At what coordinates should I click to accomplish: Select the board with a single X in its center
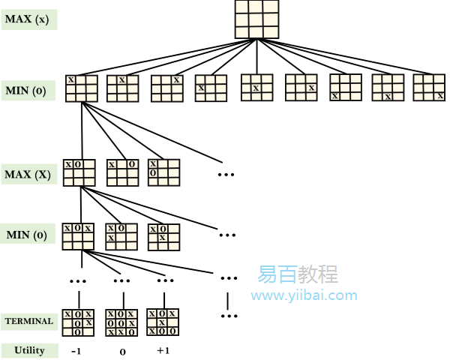(256, 88)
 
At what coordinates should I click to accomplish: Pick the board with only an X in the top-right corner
(166, 88)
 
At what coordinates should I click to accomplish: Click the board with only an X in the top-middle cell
(122, 88)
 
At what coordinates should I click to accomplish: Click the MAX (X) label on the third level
(28, 174)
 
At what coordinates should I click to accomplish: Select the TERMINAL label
(28, 321)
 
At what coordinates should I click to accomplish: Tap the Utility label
(28, 350)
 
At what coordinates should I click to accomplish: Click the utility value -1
(76, 351)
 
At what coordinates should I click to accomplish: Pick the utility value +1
(164, 351)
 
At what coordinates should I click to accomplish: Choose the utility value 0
(121, 351)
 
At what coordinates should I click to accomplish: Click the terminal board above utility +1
(163, 322)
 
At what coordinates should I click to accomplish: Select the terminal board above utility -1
(78, 322)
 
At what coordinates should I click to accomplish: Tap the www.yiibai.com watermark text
(304, 295)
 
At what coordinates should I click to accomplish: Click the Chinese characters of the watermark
(298, 274)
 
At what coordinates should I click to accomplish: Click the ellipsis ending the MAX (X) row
(226, 175)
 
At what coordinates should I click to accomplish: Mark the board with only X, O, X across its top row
(78, 236)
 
